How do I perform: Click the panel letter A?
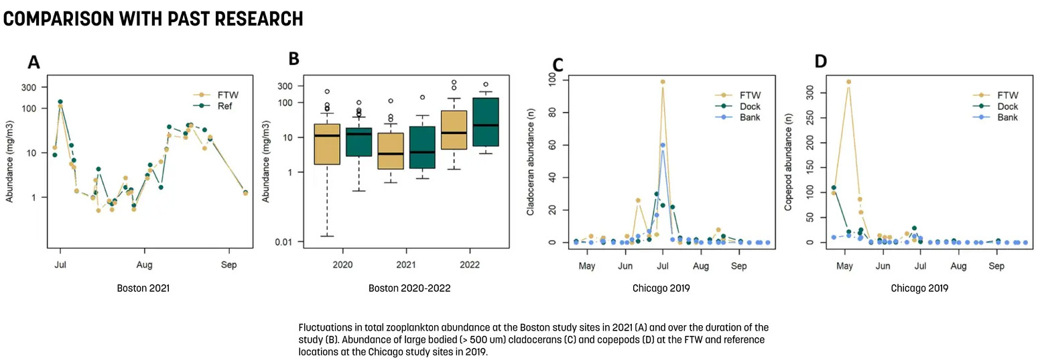coord(34,62)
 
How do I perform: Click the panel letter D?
coord(821,62)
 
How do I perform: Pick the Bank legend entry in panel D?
coord(1007,117)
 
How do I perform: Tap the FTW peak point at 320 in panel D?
coord(848,82)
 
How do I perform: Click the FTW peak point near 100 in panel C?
coord(663,82)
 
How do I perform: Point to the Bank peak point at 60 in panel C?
coord(663,145)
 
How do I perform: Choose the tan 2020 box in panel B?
coord(326,144)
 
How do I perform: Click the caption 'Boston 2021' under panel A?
coord(143,289)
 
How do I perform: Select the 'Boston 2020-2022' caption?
coord(409,289)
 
